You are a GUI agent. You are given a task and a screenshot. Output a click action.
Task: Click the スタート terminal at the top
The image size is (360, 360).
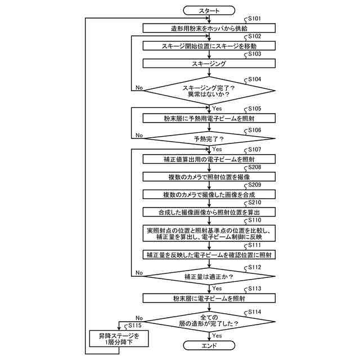tap(209, 10)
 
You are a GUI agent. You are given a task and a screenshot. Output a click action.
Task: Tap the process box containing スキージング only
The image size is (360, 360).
tap(209, 64)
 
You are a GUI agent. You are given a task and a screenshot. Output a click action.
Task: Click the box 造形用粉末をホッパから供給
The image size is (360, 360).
tap(209, 28)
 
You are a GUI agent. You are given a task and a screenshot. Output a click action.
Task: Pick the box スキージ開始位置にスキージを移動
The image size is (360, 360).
tap(209, 46)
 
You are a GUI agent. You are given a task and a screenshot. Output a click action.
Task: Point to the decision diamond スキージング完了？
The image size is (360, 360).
tap(209, 90)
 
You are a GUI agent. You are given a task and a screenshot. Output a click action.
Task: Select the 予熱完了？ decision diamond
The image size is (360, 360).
tap(209, 137)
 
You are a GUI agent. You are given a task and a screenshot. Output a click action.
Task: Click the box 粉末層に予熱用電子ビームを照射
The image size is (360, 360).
tap(209, 118)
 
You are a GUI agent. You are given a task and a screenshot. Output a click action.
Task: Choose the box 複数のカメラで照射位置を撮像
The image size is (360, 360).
tap(209, 177)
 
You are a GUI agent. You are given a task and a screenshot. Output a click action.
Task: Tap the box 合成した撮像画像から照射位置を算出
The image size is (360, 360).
tap(209, 212)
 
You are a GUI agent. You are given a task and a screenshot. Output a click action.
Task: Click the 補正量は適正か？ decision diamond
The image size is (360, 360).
tap(209, 277)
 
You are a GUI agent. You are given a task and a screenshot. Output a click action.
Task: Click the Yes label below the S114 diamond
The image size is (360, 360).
tap(217, 336)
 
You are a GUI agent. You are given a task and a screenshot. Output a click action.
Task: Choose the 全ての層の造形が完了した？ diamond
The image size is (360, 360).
tap(209, 321)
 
